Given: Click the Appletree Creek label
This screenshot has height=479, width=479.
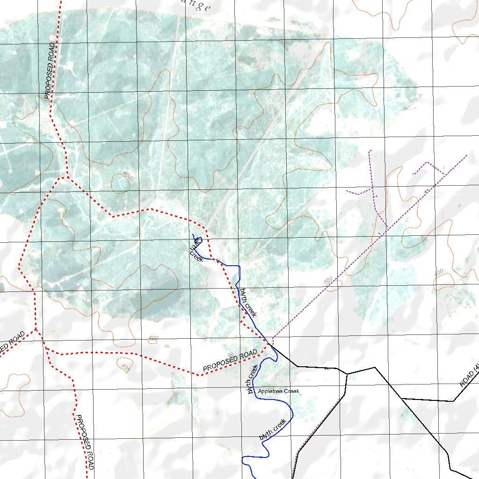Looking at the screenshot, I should (x=278, y=391).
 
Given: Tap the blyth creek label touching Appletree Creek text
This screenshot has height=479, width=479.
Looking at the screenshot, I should (x=253, y=379).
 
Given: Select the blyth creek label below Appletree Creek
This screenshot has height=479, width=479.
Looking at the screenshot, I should (x=273, y=430).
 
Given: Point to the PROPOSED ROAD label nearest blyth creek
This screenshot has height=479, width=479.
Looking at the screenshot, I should (x=230, y=362).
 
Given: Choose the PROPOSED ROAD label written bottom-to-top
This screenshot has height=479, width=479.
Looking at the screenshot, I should (x=50, y=70).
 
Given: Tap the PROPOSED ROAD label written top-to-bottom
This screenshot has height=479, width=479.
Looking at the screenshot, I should (x=85, y=442).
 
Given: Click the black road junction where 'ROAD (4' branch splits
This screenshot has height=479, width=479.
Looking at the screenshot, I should (x=401, y=398).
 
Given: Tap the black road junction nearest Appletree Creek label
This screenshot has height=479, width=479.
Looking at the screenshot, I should (x=347, y=373).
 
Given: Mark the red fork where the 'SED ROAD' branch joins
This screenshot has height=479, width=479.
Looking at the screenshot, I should (x=36, y=330).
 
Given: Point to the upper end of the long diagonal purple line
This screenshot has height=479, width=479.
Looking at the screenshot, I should (x=467, y=155).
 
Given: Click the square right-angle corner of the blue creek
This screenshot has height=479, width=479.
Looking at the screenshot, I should (x=239, y=266).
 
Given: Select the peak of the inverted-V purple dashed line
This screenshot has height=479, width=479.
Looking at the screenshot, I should (x=427, y=162).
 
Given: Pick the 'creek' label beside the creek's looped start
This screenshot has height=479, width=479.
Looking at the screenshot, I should (x=196, y=255).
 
